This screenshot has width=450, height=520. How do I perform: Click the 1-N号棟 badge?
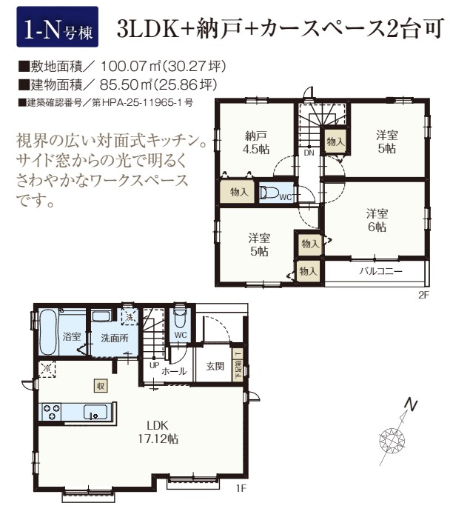(57, 27)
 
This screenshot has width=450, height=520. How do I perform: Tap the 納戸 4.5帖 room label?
(256, 143)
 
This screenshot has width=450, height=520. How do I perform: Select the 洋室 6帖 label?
(377, 220)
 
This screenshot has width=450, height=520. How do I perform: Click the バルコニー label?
(380, 271)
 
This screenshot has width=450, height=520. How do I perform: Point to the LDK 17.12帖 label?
(158, 432)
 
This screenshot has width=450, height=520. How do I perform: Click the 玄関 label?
(215, 366)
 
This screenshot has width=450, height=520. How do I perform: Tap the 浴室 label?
(72, 336)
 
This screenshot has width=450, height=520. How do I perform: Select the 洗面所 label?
(114, 338)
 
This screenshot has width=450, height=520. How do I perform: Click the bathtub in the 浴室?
(49, 332)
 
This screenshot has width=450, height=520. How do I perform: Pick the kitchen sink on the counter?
(95, 412)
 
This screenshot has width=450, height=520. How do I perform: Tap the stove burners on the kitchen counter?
(52, 412)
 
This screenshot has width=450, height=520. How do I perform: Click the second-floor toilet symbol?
(269, 193)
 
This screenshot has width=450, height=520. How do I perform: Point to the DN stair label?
(309, 153)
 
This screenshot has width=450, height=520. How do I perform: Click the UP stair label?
(155, 365)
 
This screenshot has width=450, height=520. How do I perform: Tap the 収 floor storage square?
(101, 386)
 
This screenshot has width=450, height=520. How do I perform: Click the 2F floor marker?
(423, 295)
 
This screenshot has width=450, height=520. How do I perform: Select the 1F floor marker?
(241, 488)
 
